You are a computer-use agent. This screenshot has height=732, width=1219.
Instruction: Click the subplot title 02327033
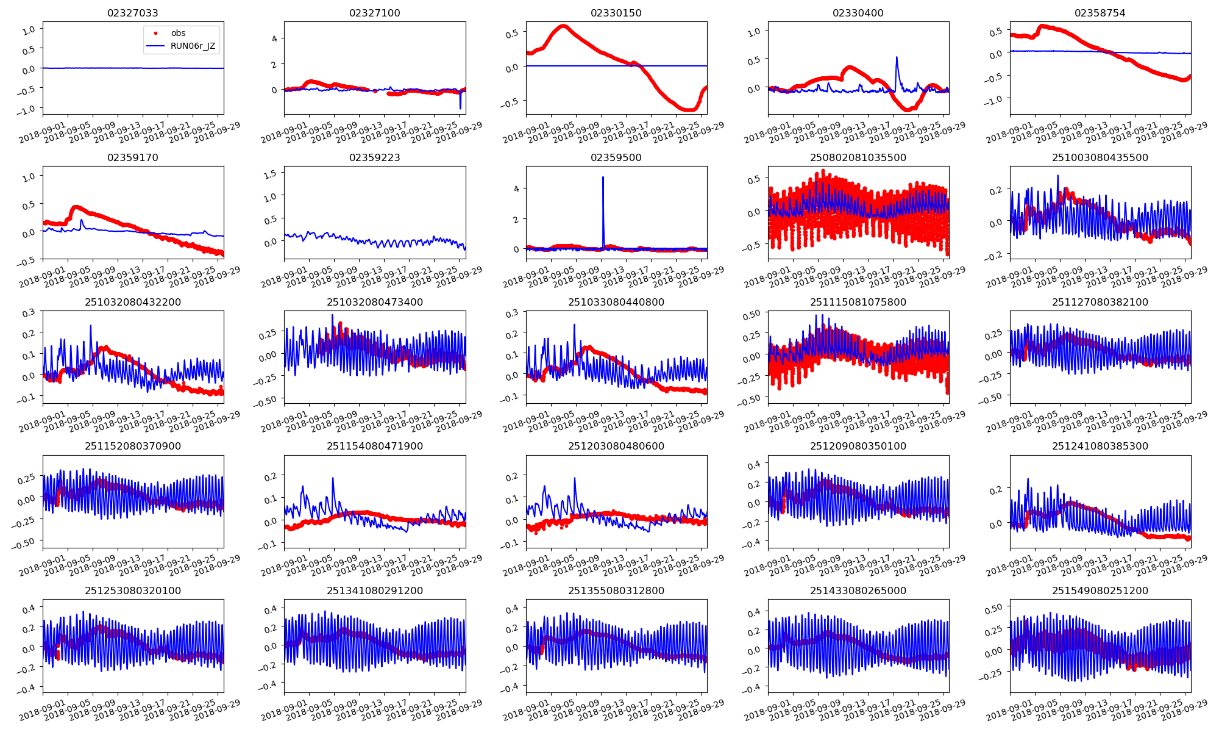[133, 13]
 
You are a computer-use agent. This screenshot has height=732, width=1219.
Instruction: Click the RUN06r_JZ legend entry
[193, 46]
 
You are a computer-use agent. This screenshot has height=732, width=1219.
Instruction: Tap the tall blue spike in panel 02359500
[603, 178]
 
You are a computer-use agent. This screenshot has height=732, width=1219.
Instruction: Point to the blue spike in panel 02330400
[897, 58]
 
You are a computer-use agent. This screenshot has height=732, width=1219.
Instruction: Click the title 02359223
[374, 157]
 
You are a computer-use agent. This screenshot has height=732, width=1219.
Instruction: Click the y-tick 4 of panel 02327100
[274, 38]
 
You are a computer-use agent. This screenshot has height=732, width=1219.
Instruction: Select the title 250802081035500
[858, 157]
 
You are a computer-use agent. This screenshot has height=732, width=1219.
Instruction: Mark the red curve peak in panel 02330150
[563, 26]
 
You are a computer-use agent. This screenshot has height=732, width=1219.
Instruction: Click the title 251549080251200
[1100, 590]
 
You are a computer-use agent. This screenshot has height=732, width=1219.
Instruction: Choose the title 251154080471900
[374, 446]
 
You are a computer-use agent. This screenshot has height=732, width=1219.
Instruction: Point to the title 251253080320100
[133, 590]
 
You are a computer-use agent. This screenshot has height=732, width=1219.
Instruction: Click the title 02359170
[133, 157]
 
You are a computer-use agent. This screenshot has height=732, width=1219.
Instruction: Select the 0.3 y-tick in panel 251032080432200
[29, 313]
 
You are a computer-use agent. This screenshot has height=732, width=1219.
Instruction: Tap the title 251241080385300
[1100, 446]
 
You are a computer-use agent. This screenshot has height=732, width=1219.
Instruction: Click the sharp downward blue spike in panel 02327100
[460, 109]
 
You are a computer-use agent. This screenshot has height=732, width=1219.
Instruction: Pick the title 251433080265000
[858, 590]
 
